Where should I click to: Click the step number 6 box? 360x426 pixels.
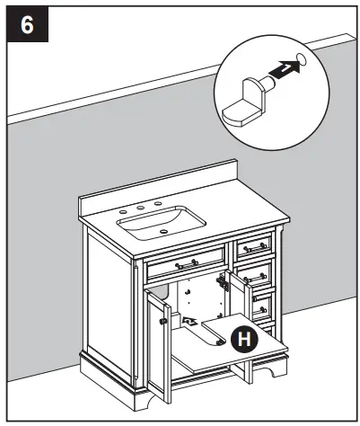28,24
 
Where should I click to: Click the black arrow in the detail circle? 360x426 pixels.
280,73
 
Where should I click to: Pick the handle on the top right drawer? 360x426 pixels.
256,245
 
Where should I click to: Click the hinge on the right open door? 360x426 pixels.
233,280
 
